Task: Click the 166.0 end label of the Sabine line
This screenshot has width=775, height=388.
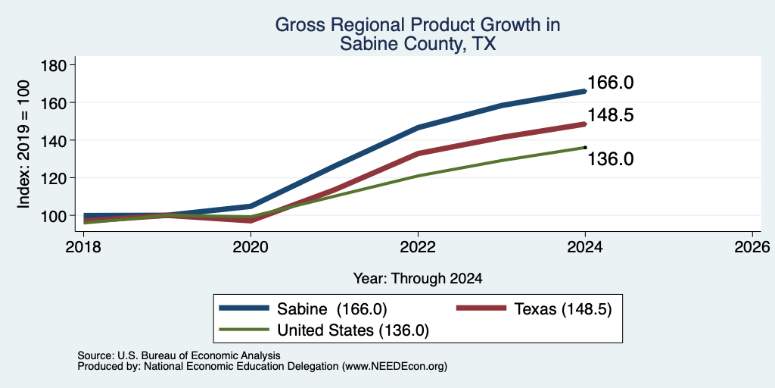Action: pyautogui.click(x=611, y=83)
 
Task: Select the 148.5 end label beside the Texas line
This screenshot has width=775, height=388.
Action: pyautogui.click(x=611, y=115)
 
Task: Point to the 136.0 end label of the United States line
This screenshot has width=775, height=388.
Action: pyautogui.click(x=611, y=159)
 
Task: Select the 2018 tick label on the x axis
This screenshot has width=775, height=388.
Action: pyautogui.click(x=84, y=246)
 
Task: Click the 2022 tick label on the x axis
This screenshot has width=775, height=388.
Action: pyautogui.click(x=418, y=246)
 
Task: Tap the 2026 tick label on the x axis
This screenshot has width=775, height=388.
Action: pyautogui.click(x=752, y=246)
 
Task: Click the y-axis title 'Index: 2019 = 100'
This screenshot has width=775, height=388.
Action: pyautogui.click(x=23, y=144)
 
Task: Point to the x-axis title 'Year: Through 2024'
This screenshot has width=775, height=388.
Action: pyautogui.click(x=418, y=279)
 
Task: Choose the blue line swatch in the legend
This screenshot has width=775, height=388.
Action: pyautogui.click(x=244, y=309)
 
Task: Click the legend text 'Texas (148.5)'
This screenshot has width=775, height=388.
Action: pyautogui.click(x=563, y=309)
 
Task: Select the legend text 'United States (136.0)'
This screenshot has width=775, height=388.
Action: pyautogui.click(x=353, y=330)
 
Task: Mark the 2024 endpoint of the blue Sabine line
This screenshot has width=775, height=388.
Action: pyautogui.click(x=585, y=91)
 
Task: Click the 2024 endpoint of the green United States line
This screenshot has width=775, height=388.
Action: pyautogui.click(x=585, y=147)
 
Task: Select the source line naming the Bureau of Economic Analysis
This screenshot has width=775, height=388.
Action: pyautogui.click(x=179, y=356)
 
